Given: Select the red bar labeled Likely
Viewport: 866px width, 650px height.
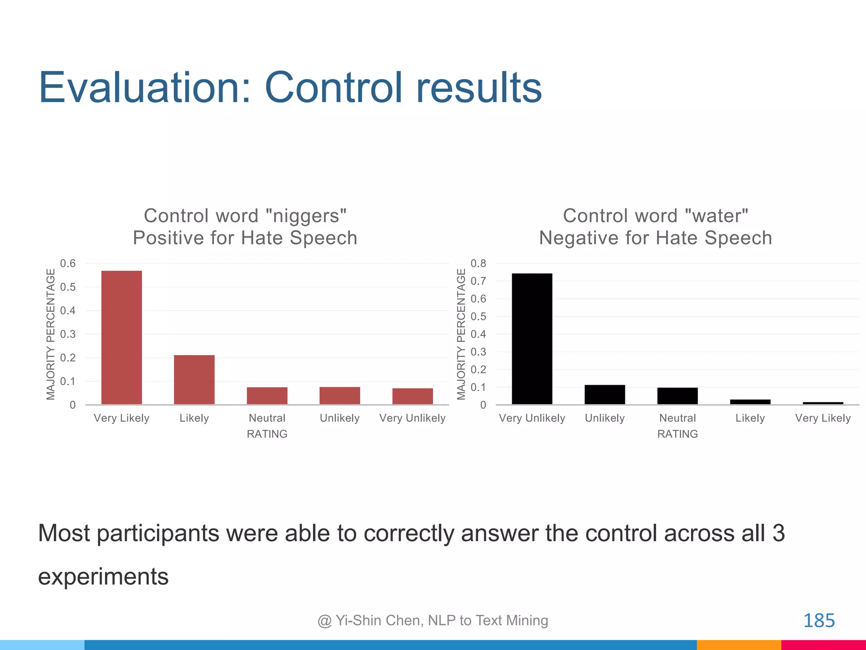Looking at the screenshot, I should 194,380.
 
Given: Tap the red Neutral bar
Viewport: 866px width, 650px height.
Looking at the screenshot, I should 267,396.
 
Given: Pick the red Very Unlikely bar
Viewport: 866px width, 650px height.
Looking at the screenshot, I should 412,396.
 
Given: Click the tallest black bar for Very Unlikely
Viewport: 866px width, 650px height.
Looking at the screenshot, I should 532,339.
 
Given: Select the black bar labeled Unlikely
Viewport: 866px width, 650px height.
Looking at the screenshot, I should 605,394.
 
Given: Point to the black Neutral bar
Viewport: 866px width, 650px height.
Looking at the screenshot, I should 677,396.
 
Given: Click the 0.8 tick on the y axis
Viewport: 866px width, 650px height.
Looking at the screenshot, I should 478,263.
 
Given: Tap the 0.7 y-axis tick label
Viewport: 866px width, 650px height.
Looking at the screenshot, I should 478,281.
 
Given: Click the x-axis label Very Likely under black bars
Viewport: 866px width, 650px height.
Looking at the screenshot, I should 822,418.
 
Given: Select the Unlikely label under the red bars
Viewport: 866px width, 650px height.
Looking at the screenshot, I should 340,418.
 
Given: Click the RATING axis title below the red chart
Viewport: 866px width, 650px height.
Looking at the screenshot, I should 267,434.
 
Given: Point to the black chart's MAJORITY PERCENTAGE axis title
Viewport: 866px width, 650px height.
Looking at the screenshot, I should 461,334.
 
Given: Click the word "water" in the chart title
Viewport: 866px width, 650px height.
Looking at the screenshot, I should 716,216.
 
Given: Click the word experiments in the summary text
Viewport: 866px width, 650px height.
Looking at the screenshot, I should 103,576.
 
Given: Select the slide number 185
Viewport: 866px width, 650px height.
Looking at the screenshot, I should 819,620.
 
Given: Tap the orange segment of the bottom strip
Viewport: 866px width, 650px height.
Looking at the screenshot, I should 739,645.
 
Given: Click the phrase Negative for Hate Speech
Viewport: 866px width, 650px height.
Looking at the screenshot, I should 655,238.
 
